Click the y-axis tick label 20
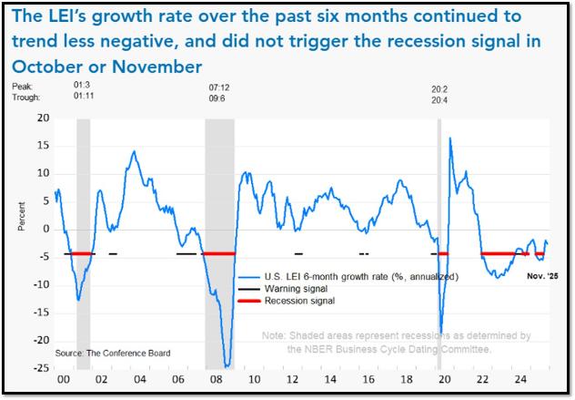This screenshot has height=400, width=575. tap(43, 118)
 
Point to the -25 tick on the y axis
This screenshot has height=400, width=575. tap(41, 368)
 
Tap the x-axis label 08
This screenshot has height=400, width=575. tap(216, 379)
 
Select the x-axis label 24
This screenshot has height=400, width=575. tap(520, 379)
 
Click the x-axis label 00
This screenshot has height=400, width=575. tap(64, 379)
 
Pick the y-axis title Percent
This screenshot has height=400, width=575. tap(22, 216)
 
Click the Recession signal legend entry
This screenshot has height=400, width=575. tap(299, 301)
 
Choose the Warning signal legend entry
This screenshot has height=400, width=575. tap(296, 289)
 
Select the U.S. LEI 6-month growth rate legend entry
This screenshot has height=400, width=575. tap(361, 277)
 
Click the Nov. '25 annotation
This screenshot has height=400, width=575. tap(543, 276)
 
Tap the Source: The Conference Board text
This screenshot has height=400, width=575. tap(113, 354)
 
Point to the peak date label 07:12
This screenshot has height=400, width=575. tap(219, 87)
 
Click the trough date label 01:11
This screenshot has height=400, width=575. tap(84, 96)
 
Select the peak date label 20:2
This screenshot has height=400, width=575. tap(439, 89)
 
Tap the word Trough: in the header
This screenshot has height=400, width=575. tap(25, 97)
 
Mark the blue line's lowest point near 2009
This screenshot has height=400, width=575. tap(227, 366)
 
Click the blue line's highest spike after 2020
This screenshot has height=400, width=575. tap(450, 138)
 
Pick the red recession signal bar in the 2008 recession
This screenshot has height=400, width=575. tap(219, 253)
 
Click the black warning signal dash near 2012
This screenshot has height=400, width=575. tap(298, 253)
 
